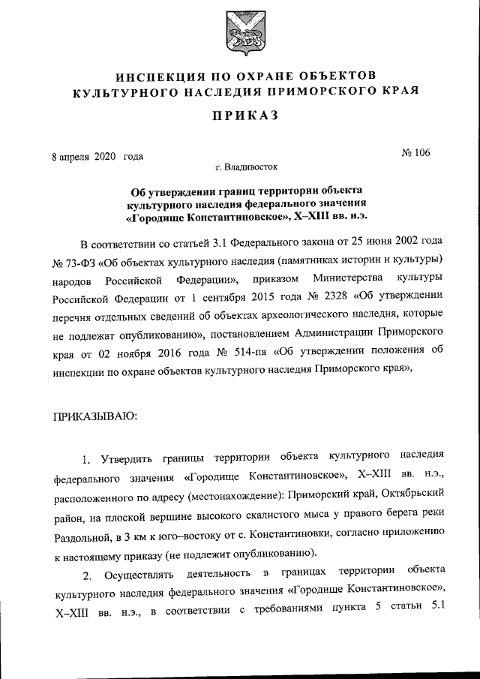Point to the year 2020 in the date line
click(x=106, y=157)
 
